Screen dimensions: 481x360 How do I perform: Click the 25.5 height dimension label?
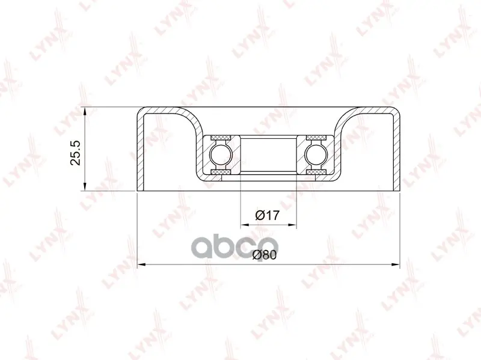(76, 153)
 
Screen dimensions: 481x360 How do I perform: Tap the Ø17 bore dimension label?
(268, 215)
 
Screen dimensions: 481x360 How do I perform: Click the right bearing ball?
(317, 155)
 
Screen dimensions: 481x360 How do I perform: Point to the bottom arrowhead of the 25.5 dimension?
(85, 186)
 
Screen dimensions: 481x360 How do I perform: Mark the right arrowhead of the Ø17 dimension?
(292, 225)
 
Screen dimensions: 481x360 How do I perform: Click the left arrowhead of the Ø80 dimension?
(142, 264)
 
